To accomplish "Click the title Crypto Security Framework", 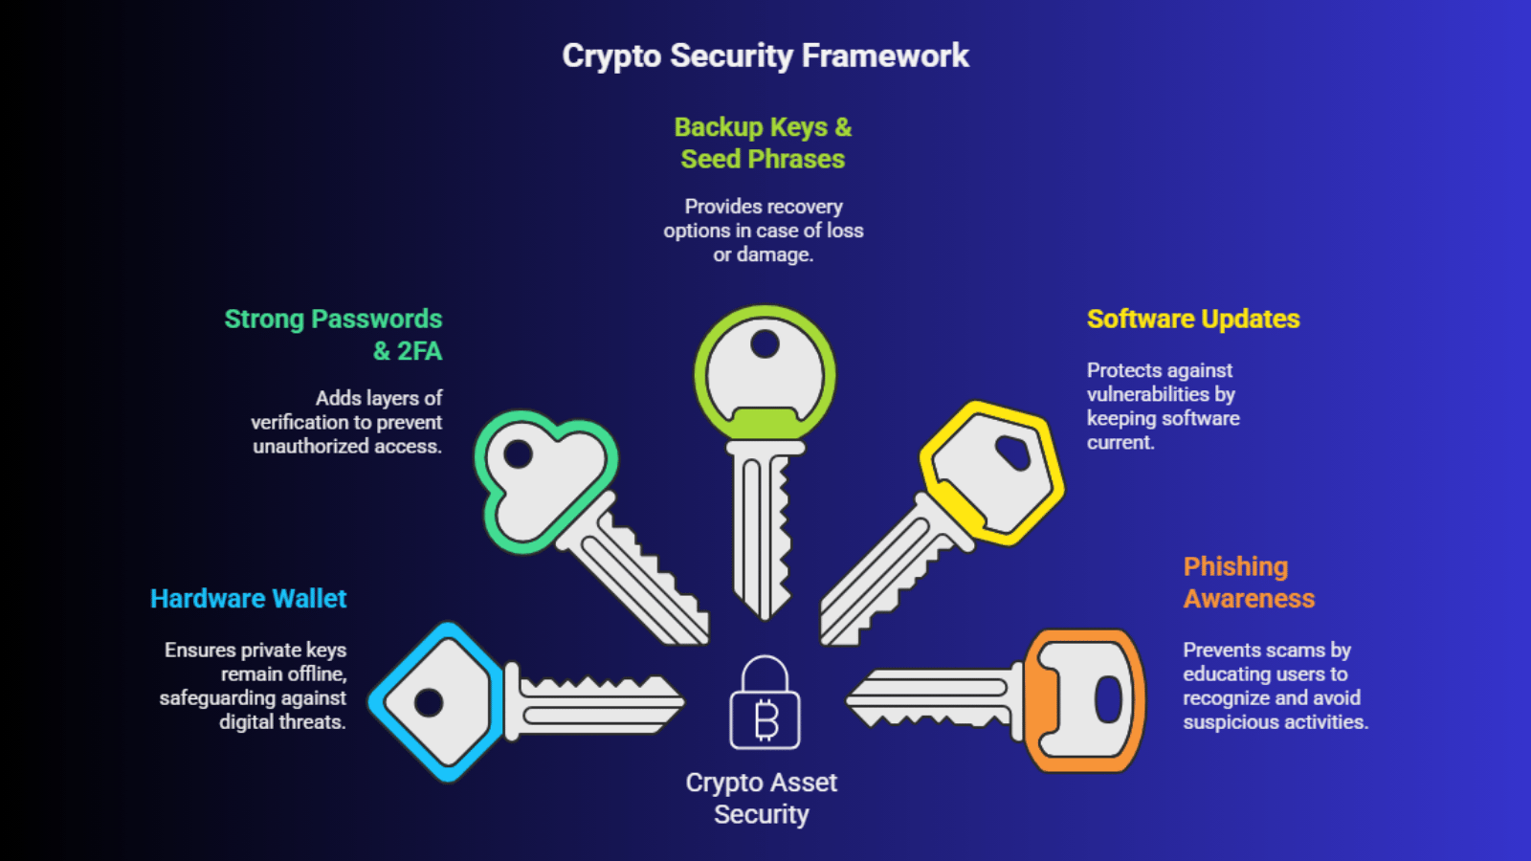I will pyautogui.click(x=765, y=55).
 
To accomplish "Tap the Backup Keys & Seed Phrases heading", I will pyautogui.click(x=763, y=143).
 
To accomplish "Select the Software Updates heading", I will pyautogui.click(x=1193, y=319).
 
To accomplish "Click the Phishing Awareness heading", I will pyautogui.click(x=1249, y=582).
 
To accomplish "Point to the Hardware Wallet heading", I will pyautogui.click(x=248, y=598).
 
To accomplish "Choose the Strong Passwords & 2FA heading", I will pyautogui.click(x=333, y=334).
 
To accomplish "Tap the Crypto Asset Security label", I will pyautogui.click(x=762, y=798).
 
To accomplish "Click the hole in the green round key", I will pyautogui.click(x=765, y=343).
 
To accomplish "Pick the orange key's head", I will pyautogui.click(x=1086, y=700).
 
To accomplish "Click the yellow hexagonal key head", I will pyautogui.click(x=992, y=473).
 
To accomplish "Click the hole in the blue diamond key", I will pyautogui.click(x=429, y=702).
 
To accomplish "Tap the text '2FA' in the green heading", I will pyautogui.click(x=419, y=351).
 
